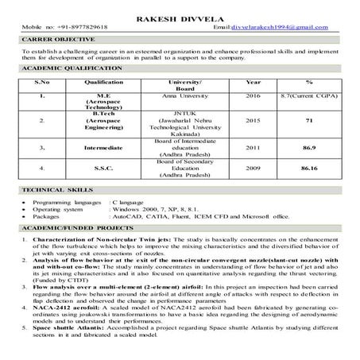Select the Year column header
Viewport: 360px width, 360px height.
tap(254, 82)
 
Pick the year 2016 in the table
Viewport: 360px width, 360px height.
tap(254, 95)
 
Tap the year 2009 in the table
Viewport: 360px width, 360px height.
tap(254, 168)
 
